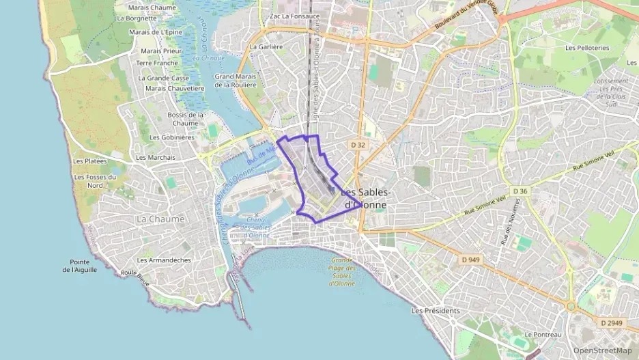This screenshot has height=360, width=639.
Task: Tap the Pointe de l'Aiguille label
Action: tap(84, 266)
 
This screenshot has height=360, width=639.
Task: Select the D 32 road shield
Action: tap(358, 145)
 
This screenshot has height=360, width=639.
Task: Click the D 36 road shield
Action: tap(520, 191)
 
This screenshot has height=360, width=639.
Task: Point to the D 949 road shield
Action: tap(470, 260)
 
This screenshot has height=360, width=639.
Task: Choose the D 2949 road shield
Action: tap(612, 322)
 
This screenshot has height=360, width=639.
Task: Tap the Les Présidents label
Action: tap(436, 310)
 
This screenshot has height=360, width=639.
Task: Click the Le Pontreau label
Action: tap(543, 335)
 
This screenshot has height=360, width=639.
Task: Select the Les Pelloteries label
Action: tap(587, 48)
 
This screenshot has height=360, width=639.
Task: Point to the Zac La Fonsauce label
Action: tap(295, 16)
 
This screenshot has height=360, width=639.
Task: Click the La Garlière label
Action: tap(266, 47)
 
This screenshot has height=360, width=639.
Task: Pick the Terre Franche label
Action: tap(157, 63)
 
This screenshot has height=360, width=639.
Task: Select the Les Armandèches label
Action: tap(164, 260)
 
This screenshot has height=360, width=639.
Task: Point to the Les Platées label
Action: tap(89, 161)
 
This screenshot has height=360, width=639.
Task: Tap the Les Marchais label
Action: tap(156, 157)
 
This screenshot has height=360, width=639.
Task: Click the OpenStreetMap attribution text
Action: tap(602, 350)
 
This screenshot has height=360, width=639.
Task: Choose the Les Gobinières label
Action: tap(172, 137)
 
